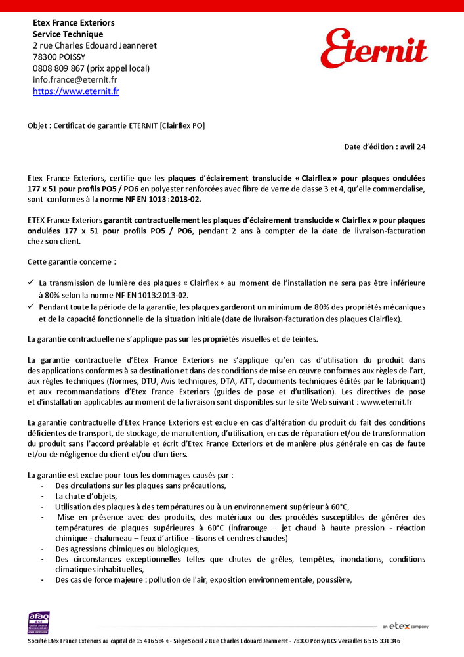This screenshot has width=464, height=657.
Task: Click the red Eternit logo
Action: tap(373, 48)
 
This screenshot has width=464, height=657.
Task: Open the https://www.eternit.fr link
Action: tap(75, 92)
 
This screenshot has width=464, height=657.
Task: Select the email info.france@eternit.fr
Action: tap(75, 79)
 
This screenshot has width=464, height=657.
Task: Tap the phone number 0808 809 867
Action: tap(58, 68)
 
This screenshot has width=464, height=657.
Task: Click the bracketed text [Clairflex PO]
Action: tap(182, 125)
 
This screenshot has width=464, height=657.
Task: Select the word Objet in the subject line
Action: tap(37, 125)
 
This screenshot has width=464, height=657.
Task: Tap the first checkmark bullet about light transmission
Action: tap(32, 283)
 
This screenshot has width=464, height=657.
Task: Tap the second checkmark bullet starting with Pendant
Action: tap(32, 307)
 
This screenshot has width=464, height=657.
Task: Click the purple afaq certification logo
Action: tap(38, 622)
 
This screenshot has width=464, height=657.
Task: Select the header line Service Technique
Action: tap(68, 34)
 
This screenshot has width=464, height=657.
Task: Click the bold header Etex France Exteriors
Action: tap(74, 23)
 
